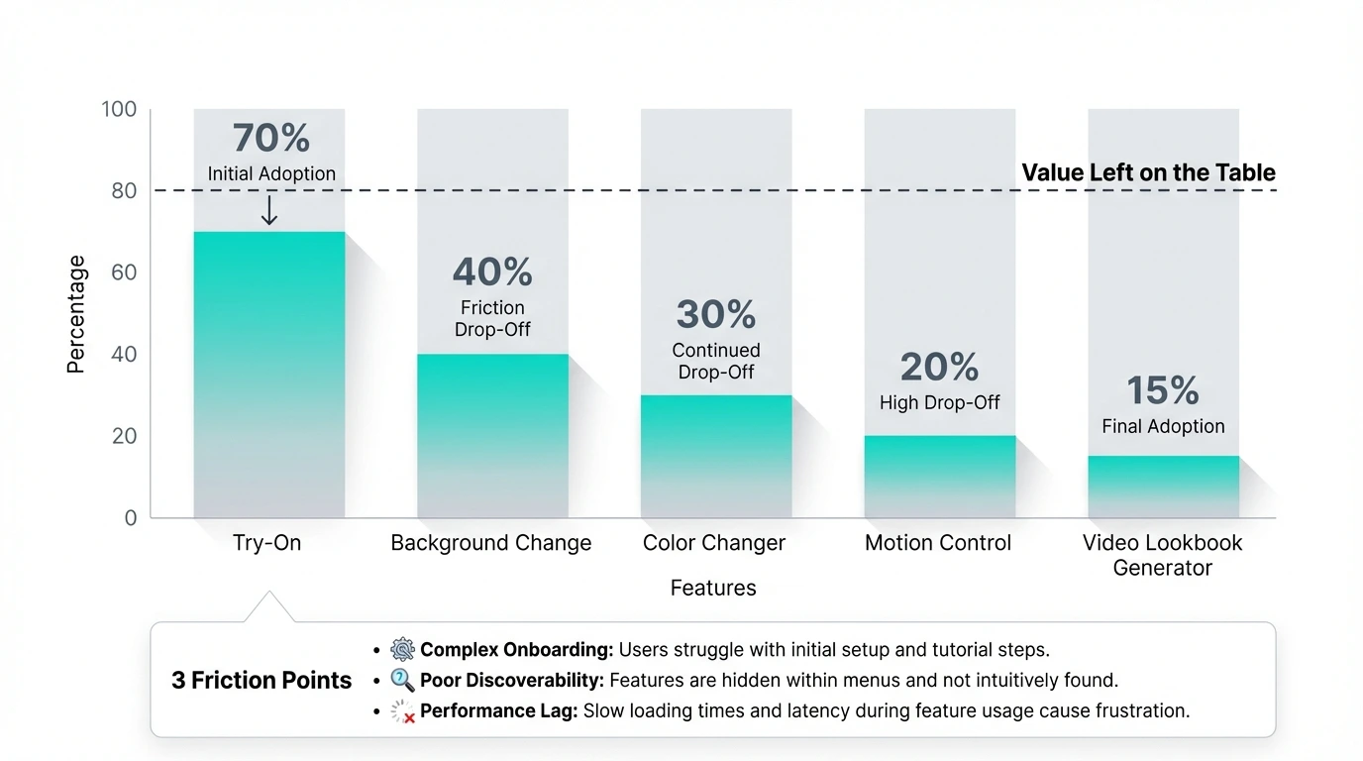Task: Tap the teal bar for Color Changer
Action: [x=716, y=455]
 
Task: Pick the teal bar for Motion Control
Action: [x=939, y=476]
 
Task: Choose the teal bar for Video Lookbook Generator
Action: [x=1163, y=486]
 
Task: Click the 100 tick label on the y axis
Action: [x=119, y=109]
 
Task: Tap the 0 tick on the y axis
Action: [x=130, y=517]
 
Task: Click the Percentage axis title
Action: [x=76, y=314]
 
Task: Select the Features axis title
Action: [x=713, y=588]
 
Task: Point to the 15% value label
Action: [x=1163, y=391]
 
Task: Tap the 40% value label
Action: [x=492, y=272]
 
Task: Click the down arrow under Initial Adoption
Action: [x=268, y=210]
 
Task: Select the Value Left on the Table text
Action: [x=1148, y=172]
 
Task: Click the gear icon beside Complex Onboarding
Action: [x=402, y=650]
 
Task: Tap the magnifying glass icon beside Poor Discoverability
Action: [x=402, y=681]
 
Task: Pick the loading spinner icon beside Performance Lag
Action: [x=402, y=711]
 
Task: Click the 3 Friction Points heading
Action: [x=262, y=681]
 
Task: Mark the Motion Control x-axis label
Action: [x=938, y=543]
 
